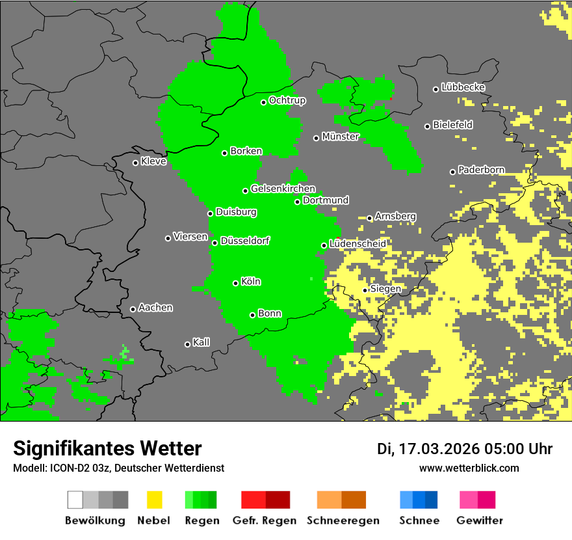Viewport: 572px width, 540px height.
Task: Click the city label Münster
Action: tap(340, 137)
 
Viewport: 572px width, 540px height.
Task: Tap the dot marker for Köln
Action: tap(236, 283)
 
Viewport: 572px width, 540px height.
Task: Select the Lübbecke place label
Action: tap(463, 87)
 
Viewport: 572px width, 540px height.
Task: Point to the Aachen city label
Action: tap(155, 308)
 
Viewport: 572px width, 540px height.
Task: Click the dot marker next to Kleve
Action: tap(135, 163)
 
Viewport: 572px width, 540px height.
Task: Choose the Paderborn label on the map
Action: tap(481, 170)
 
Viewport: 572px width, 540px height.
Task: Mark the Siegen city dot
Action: tap(365, 290)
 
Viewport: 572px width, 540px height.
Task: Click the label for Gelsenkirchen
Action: tap(283, 189)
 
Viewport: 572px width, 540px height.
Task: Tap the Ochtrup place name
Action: tap(287, 100)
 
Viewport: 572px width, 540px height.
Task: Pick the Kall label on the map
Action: tap(201, 342)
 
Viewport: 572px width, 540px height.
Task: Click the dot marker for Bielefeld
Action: tap(428, 126)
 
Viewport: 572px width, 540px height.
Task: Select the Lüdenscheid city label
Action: tap(357, 243)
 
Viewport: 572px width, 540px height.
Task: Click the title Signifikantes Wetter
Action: tap(107, 448)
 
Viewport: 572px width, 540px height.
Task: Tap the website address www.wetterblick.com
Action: tap(469, 468)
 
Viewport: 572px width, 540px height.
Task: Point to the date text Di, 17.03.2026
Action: tap(428, 449)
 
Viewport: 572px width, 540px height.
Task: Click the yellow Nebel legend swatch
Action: tap(154, 500)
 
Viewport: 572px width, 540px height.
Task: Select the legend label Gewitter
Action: tap(479, 520)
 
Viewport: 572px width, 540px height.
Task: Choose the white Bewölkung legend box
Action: tap(75, 500)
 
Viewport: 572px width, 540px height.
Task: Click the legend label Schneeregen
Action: tap(342, 520)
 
